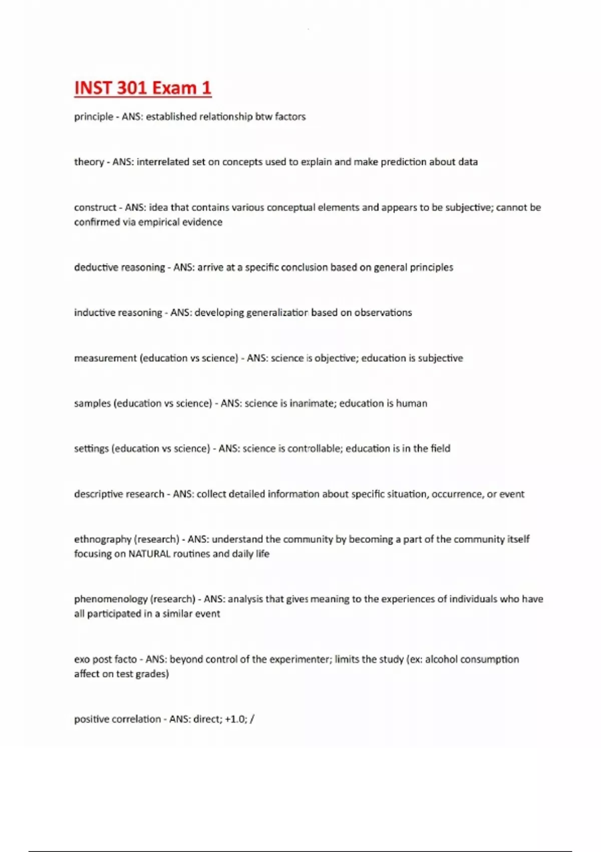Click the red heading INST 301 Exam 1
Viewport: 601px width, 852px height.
pos(143,88)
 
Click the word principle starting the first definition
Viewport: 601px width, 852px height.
pos(94,117)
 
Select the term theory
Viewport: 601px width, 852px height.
pos(89,162)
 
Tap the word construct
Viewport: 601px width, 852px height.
pos(95,207)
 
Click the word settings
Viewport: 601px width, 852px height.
pos(91,449)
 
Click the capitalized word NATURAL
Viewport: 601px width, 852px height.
pos(149,554)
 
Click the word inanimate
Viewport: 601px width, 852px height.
pos(313,403)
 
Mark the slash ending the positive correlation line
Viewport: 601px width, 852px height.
pos(252,719)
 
